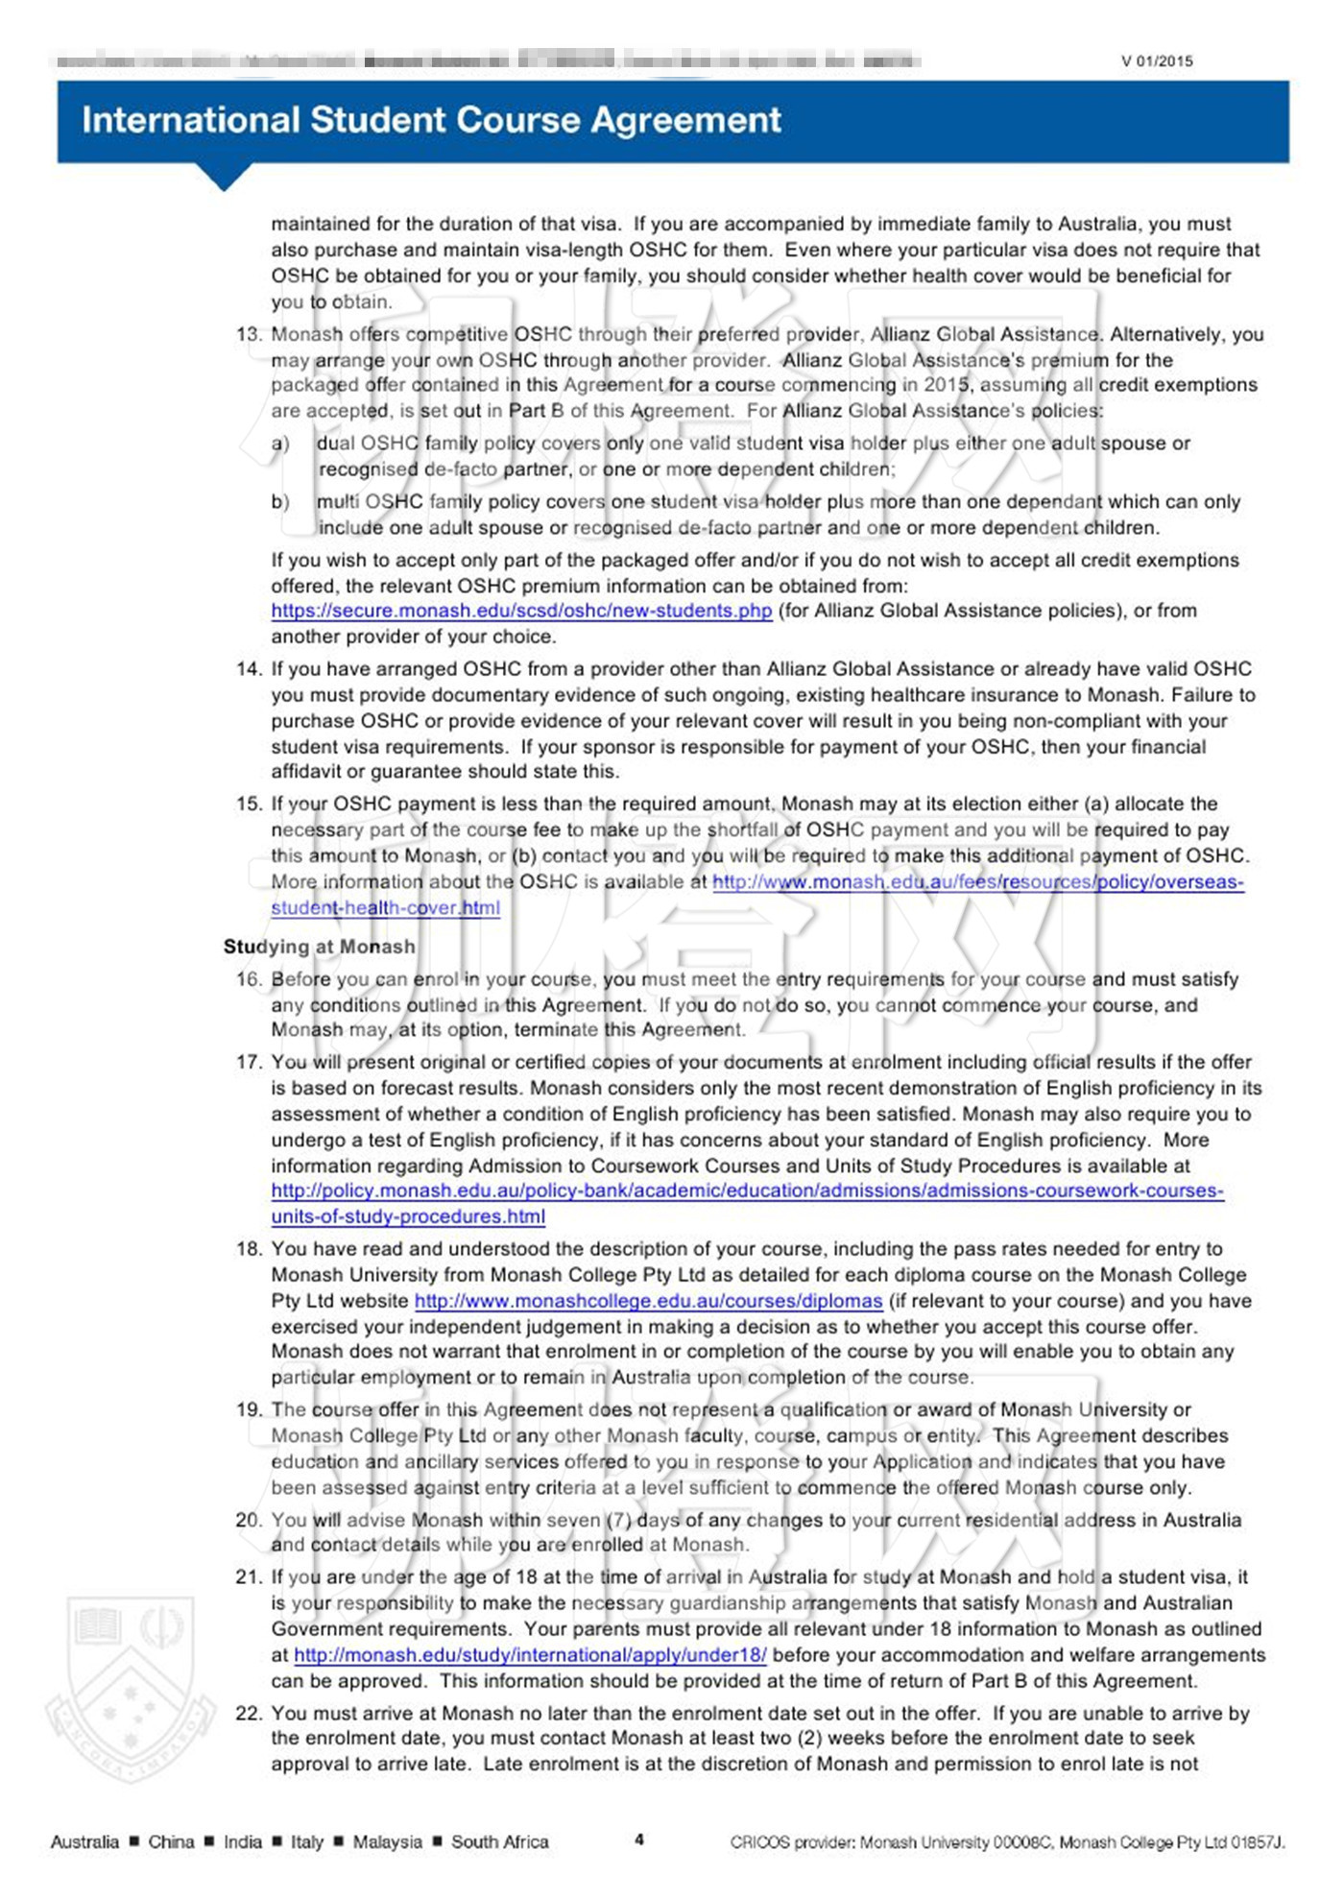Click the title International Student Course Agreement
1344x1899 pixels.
[431, 120]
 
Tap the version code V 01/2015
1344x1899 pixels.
[1157, 61]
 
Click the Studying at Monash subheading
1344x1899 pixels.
[319, 947]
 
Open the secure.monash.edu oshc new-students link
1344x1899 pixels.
[521, 611]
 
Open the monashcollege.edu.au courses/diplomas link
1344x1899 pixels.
[648, 1301]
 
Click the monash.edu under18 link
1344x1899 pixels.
[530, 1654]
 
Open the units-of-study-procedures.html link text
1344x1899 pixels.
[408, 1216]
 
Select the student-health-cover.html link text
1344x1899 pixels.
[385, 907]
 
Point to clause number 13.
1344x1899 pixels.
[249, 334]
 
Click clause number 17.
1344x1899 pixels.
[249, 1062]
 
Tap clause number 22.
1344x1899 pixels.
[249, 1713]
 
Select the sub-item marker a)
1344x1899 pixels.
[280, 444]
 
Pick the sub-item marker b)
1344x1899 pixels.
[280, 502]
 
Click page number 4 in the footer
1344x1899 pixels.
[639, 1839]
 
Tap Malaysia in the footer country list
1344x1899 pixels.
[387, 1841]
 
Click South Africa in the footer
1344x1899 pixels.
[499, 1841]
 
